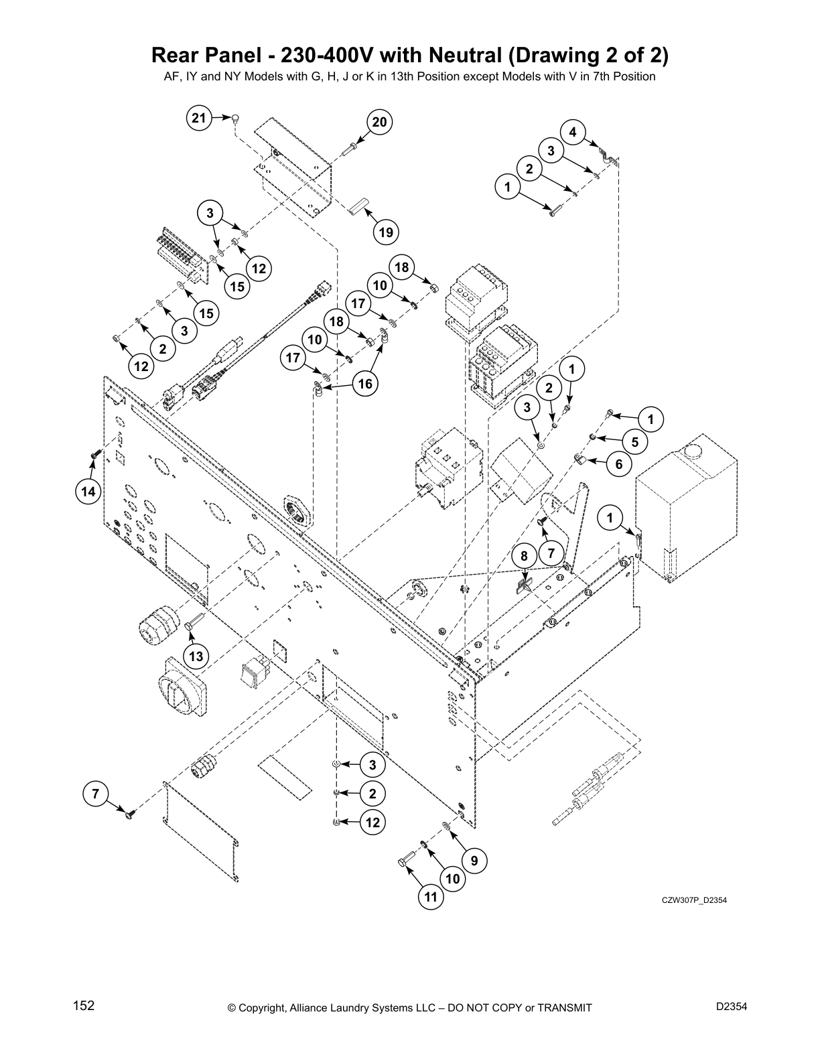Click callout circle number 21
[198, 119]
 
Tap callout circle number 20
[379, 122]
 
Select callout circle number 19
[385, 232]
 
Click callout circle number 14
[88, 492]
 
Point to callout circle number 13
[196, 656]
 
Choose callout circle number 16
[366, 384]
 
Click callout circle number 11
[431, 896]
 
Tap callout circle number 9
[474, 861]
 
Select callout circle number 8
[524, 556]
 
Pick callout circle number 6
[618, 464]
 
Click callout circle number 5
[634, 441]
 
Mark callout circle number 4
[573, 132]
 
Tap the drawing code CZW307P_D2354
[694, 900]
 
